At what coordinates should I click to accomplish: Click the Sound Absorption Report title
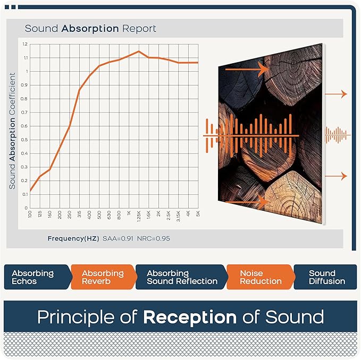pyautogui.click(x=90, y=28)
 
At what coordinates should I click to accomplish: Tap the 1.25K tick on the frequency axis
pyautogui.click(x=139, y=216)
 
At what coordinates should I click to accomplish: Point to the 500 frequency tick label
pyautogui.click(x=99, y=215)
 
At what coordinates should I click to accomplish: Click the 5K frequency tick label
pyautogui.click(x=197, y=214)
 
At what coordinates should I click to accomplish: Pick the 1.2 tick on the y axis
pyautogui.click(x=25, y=44)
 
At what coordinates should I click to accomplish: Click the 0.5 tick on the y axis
pyautogui.click(x=25, y=140)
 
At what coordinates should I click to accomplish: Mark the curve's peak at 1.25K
pyautogui.click(x=138, y=52)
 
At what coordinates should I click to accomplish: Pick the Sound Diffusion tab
pyautogui.click(x=326, y=277)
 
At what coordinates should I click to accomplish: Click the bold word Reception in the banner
pyautogui.click(x=189, y=317)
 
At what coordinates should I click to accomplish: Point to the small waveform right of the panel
pyautogui.click(x=338, y=135)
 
